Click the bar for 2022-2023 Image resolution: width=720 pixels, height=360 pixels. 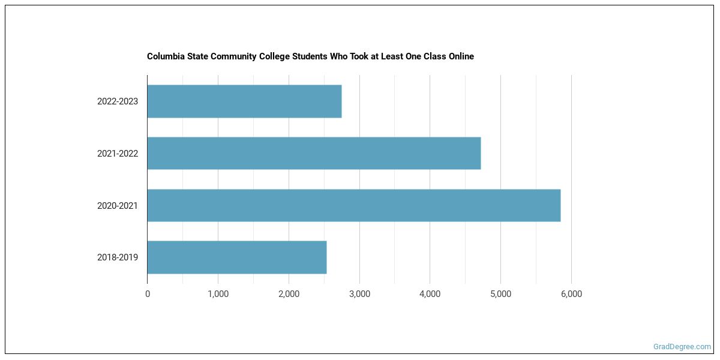244,101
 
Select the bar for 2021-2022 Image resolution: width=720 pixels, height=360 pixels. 314,153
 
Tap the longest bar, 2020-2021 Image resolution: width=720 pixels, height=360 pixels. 353,205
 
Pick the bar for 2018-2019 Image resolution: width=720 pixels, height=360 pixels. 237,257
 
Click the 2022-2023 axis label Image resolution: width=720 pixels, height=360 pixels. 118,101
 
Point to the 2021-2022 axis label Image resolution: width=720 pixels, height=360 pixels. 118,154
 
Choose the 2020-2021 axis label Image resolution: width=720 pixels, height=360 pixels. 118,206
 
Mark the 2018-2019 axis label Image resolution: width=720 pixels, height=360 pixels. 118,257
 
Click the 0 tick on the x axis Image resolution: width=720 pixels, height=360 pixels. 148,294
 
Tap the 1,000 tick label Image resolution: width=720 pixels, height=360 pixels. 218,294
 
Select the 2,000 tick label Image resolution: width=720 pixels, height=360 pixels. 289,294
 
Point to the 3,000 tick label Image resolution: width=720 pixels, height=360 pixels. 359,294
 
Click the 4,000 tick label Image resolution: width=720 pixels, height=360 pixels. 430,294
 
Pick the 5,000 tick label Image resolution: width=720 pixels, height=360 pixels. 500,294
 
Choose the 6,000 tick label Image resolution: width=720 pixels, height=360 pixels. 571,294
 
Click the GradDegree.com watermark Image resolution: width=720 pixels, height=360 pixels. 682,347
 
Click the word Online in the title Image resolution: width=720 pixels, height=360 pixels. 460,56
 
